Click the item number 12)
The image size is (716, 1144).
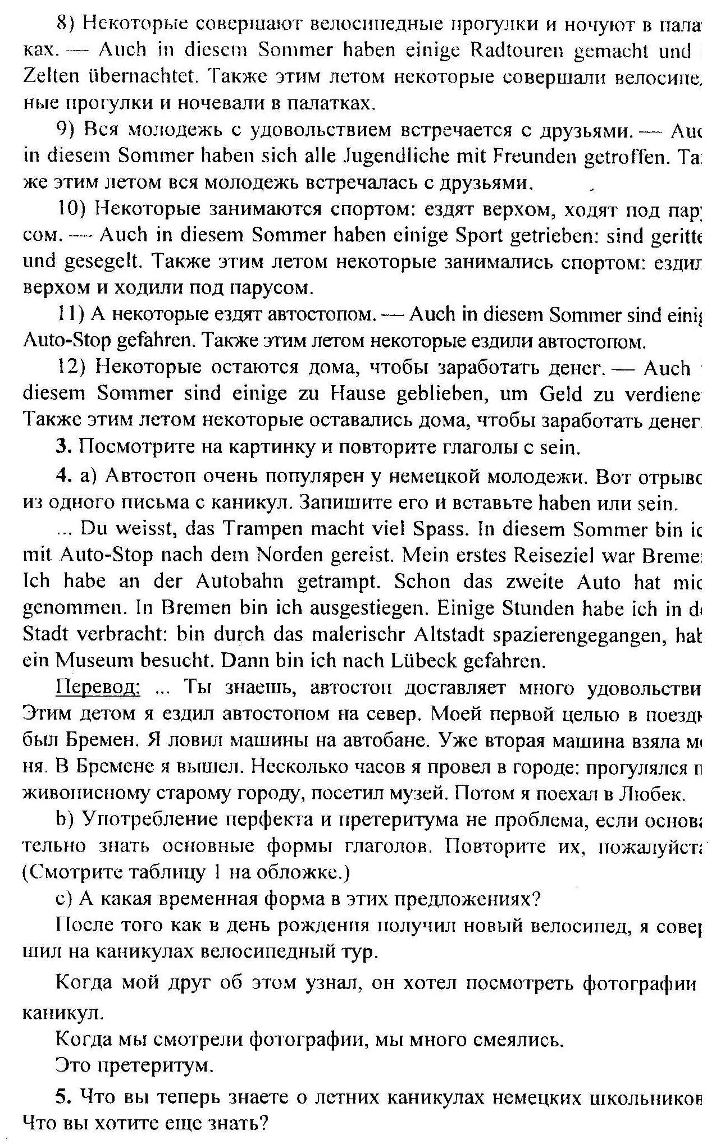point(70,368)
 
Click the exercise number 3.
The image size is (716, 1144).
point(62,447)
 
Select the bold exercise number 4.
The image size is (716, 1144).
point(62,476)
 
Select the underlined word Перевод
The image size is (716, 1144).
point(98,688)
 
